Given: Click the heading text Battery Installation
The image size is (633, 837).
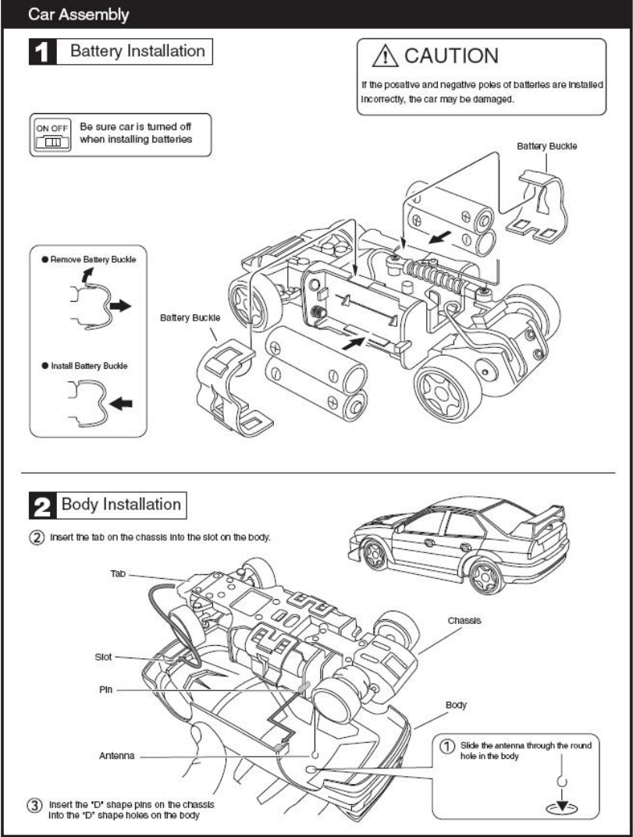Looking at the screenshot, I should tap(137, 52).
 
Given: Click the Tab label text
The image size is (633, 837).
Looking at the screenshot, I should tap(118, 573).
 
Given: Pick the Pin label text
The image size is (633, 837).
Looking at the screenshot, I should tap(107, 690).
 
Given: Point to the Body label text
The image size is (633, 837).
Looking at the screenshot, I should tap(456, 704).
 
